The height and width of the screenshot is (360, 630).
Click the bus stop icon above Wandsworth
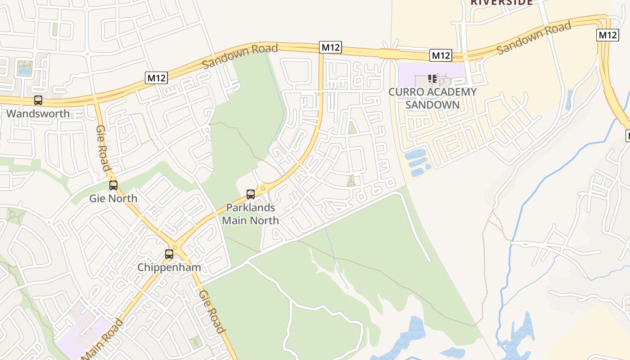[38, 100]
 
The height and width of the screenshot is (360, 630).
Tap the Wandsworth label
[38, 113]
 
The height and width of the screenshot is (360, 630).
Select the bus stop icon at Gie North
[113, 185]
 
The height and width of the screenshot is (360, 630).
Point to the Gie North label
[113, 198]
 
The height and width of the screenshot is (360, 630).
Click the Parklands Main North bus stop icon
[251, 194]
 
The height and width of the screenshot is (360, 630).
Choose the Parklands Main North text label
[251, 214]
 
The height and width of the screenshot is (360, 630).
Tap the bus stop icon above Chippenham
[169, 254]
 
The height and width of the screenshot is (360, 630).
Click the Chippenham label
[169, 267]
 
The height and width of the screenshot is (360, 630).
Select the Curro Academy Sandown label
[432, 99]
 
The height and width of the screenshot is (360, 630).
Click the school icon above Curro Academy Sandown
[432, 79]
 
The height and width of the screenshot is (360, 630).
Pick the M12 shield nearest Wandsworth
[157, 78]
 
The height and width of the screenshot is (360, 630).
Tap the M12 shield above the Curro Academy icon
[440, 55]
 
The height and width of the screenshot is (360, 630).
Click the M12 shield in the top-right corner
[607, 35]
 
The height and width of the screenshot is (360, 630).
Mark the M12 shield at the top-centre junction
[331, 47]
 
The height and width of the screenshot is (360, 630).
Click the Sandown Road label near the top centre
[240, 56]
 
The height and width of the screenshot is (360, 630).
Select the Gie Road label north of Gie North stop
[103, 148]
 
